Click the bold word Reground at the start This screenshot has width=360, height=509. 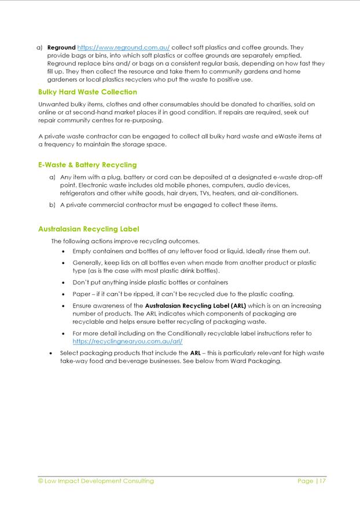pyautogui.click(x=61, y=47)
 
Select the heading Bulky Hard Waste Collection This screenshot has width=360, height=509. pyautogui.click(x=87, y=92)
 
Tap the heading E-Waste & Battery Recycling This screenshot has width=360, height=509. pyautogui.click(x=87, y=165)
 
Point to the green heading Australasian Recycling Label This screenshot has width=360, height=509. pyautogui.click(x=89, y=229)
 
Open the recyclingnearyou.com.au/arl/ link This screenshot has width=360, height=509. pyautogui.click(x=127, y=342)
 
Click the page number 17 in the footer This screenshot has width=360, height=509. pyautogui.click(x=322, y=481)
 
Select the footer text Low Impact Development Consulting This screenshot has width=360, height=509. pyautogui.click(x=100, y=481)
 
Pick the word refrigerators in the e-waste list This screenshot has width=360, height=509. pyautogui.click(x=79, y=193)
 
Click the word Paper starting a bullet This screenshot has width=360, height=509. pyautogui.click(x=82, y=294)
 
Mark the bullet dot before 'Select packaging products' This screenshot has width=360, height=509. pyautogui.click(x=52, y=353)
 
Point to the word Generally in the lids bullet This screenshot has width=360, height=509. pyautogui.click(x=90, y=263)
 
